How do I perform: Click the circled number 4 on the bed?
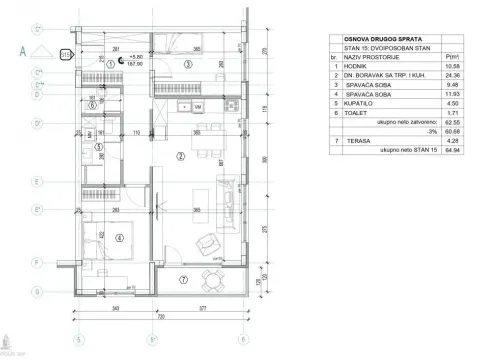119,238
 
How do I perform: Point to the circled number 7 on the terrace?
183,279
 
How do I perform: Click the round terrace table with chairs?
209,277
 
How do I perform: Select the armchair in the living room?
207,241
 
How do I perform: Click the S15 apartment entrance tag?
67,54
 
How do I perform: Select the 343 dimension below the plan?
116,308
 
